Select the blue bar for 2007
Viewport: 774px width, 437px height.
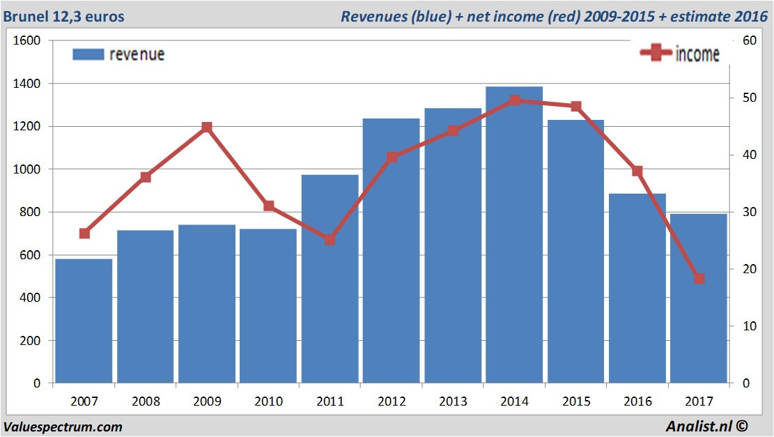tap(84, 321)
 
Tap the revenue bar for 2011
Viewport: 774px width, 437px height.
tap(330, 279)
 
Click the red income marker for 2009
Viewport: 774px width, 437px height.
tap(207, 128)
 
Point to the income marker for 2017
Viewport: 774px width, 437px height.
tap(699, 279)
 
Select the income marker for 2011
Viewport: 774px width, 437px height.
tap(330, 240)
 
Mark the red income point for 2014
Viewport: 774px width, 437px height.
tap(514, 100)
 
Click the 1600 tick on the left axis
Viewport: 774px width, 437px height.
tap(27, 41)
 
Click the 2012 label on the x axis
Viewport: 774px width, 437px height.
tap(392, 401)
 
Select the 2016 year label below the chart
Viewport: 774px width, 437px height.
tap(637, 401)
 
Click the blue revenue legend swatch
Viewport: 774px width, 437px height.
tap(88, 54)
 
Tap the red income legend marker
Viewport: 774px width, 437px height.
tap(656, 54)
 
